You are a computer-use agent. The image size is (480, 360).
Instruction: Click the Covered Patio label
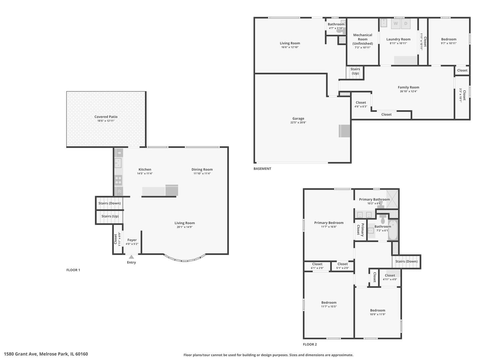[106, 117]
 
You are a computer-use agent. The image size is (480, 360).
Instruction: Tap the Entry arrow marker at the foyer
[131, 257]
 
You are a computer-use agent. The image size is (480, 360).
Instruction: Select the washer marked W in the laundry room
[395, 23]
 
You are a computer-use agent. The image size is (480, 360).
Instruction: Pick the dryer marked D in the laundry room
[406, 23]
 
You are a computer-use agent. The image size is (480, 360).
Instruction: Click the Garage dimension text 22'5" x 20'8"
[298, 123]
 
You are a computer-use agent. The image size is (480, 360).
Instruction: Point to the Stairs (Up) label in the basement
[355, 71]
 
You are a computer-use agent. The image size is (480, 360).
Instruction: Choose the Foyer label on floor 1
[132, 240]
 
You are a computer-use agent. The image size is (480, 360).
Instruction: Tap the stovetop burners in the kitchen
[118, 180]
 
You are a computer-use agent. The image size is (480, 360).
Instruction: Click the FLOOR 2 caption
[310, 344]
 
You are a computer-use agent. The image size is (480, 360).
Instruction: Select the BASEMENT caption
[262, 169]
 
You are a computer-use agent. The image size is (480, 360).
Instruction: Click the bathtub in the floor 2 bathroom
[393, 230]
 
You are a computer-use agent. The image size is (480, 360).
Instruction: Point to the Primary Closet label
[360, 230]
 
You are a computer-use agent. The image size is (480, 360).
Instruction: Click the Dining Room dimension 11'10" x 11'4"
[202, 174]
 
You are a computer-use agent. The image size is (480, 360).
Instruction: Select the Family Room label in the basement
[408, 87]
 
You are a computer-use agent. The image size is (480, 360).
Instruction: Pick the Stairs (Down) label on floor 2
[406, 261]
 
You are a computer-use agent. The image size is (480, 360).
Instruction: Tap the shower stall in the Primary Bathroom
[392, 199]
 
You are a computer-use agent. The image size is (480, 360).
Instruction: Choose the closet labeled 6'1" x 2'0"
[317, 266]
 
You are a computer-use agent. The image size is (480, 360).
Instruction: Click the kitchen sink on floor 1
[118, 163]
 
